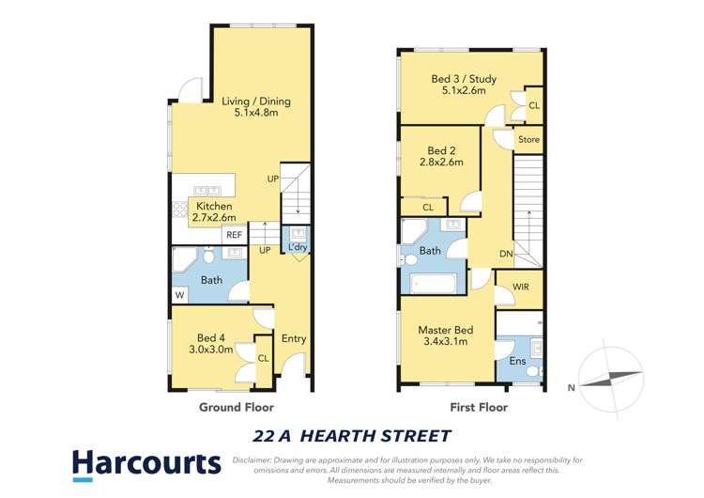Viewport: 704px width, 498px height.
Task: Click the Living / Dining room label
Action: pyautogui.click(x=256, y=107)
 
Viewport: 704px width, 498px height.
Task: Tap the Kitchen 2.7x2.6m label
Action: pyautogui.click(x=214, y=212)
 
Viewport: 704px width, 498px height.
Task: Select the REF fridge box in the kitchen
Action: pyautogui.click(x=234, y=235)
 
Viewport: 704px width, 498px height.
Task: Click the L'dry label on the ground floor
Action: pyautogui.click(x=298, y=247)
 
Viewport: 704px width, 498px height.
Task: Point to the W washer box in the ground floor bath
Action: pyautogui.click(x=178, y=295)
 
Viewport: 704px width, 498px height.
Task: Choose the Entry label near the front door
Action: pyautogui.click(x=294, y=338)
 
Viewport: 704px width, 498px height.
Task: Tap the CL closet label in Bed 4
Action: pyautogui.click(x=263, y=357)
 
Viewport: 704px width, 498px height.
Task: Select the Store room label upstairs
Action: pyautogui.click(x=529, y=140)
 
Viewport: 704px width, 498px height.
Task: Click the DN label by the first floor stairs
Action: pyautogui.click(x=505, y=254)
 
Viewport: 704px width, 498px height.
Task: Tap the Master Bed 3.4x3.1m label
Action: pyautogui.click(x=446, y=335)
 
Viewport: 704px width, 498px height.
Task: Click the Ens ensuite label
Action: pyautogui.click(x=517, y=361)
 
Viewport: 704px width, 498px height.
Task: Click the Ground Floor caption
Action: pyautogui.click(x=237, y=408)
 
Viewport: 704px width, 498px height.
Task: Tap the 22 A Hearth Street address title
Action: pyautogui.click(x=352, y=436)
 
